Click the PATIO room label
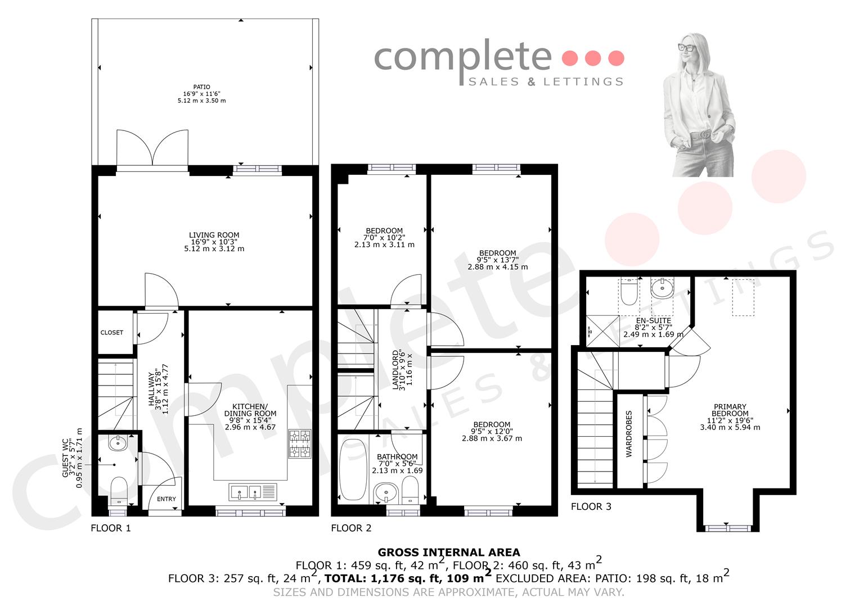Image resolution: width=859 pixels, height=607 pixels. tap(202, 87)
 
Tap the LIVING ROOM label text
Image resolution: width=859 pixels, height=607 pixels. tap(214, 235)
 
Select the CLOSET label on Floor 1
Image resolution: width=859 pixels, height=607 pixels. tap(112, 333)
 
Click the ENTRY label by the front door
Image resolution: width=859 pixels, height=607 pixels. tap(167, 499)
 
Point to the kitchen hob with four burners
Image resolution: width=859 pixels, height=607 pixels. tap(300, 443)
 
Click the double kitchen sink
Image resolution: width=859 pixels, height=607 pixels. tap(253, 492)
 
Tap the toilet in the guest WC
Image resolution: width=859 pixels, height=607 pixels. tap(119, 491)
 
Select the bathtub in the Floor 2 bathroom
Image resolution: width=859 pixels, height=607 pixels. tap(353, 469)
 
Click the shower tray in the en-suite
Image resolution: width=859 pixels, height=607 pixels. tap(602, 332)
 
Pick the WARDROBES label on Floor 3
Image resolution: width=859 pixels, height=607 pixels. tap(629, 434)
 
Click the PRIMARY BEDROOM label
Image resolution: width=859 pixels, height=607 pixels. tap(730, 410)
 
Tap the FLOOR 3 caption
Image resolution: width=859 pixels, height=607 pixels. tap(591, 506)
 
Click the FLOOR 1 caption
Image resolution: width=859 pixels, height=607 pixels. tap(111, 528)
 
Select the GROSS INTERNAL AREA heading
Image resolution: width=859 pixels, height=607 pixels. tap(449, 552)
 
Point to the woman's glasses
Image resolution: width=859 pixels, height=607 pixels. tap(689, 48)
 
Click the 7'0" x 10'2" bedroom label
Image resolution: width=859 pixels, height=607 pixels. tap(384, 238)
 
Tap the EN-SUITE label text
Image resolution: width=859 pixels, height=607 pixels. tap(654, 320)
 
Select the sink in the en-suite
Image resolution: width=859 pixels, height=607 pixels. tap(662, 288)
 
